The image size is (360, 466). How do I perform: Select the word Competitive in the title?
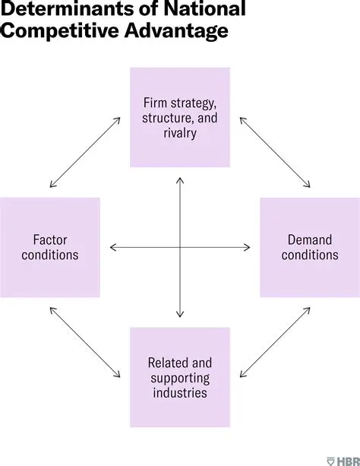point(60,33)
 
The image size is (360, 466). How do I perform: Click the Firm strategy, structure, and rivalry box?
point(179,117)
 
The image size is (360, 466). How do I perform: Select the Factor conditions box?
point(49,247)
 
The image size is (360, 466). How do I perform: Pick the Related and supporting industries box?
point(179,377)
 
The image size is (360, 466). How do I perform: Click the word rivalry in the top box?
point(179,134)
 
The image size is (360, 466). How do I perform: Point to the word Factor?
point(50,239)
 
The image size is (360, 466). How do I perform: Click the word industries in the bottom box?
point(179,393)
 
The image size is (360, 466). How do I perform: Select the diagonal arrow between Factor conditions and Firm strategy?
point(85,152)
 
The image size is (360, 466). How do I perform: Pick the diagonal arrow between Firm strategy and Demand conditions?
point(275,152)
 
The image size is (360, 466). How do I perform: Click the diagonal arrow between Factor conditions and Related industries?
point(85,342)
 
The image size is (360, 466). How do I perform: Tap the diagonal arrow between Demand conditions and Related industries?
point(275,342)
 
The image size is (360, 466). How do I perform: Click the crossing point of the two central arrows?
point(180,247)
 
